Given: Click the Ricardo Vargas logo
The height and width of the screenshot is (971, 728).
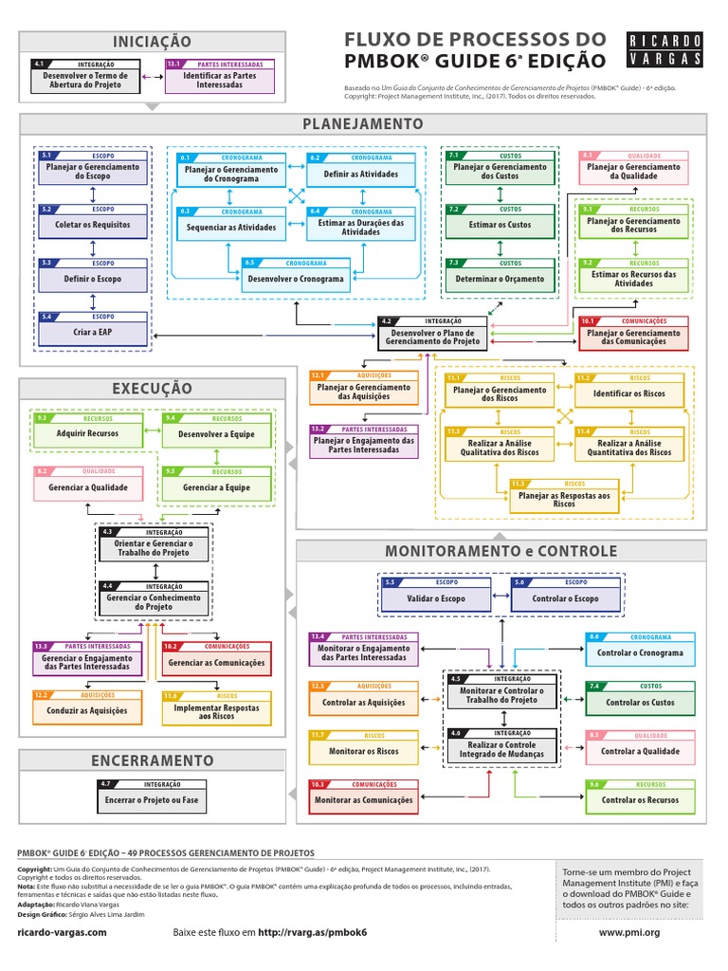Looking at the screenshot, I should pos(665,50).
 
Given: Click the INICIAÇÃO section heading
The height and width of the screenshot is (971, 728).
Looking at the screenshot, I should pos(152,42).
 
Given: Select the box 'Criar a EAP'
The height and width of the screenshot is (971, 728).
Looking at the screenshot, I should pos(92,332).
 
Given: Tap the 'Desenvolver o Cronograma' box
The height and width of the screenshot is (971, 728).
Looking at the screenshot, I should pos(296,279).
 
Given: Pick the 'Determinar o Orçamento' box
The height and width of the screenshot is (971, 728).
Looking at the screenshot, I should pos(499,279).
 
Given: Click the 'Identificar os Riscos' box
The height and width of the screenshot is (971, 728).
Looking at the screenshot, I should pos(628,393).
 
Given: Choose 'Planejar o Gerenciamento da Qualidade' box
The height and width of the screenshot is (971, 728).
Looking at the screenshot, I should pos(632,171).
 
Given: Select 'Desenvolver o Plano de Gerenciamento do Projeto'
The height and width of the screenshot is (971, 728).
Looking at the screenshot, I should pos(432,337).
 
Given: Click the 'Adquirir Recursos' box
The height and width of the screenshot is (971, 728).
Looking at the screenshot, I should pos(88,433).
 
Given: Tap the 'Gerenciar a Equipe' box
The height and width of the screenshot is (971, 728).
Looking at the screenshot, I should pos(219,486).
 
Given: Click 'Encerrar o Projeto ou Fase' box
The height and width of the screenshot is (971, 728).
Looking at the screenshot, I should pos(152,799).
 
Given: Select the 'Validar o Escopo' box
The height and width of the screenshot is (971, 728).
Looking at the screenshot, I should pos(436,598).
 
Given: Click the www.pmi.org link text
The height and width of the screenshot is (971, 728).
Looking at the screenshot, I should pos(628,933).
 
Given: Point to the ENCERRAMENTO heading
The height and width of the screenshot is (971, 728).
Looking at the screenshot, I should pos(152,760).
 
